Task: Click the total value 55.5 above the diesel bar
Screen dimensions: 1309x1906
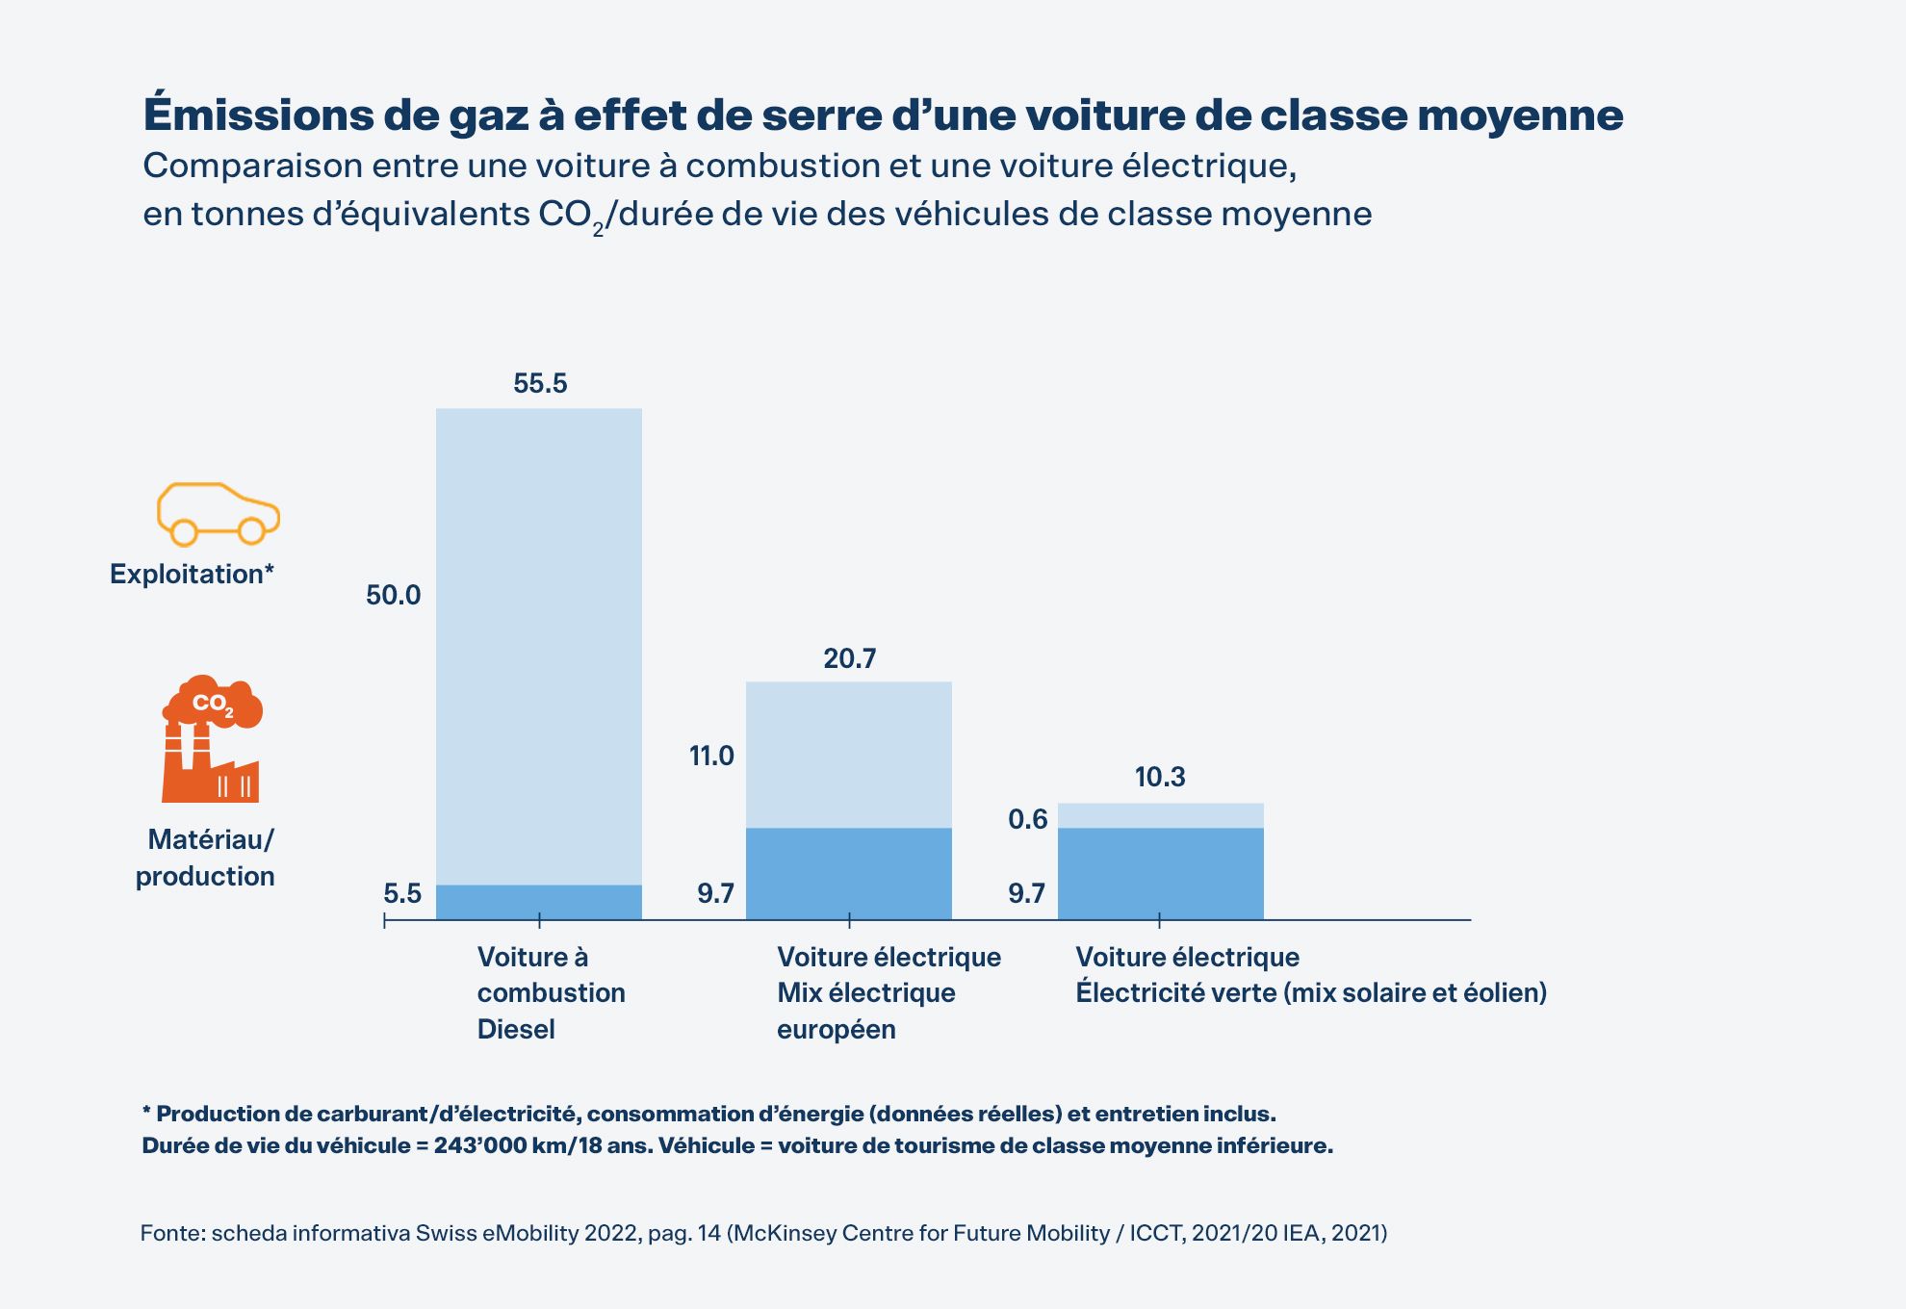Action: coord(540,384)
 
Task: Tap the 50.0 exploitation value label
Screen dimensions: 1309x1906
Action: coord(393,596)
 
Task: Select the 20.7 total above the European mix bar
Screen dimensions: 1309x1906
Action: coord(849,659)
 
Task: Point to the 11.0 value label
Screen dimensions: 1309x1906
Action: coord(711,757)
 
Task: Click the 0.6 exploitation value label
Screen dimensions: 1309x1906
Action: coord(1027,820)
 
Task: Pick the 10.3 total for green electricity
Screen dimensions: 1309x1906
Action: coord(1160,778)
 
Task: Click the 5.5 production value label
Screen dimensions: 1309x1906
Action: coord(402,894)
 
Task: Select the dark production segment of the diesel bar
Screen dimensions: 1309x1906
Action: coord(539,902)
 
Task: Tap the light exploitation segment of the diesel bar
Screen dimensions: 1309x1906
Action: coord(539,645)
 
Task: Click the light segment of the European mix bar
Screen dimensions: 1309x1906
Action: coord(849,755)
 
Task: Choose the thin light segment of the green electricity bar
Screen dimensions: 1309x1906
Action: coord(1160,815)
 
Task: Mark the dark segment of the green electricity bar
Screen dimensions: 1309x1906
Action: coord(1160,873)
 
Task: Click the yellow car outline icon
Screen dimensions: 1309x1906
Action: coord(219,514)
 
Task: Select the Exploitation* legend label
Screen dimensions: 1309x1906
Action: coord(192,575)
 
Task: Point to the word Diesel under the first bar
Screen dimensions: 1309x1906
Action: coord(516,1030)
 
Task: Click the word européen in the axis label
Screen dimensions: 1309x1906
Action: coord(836,1030)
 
